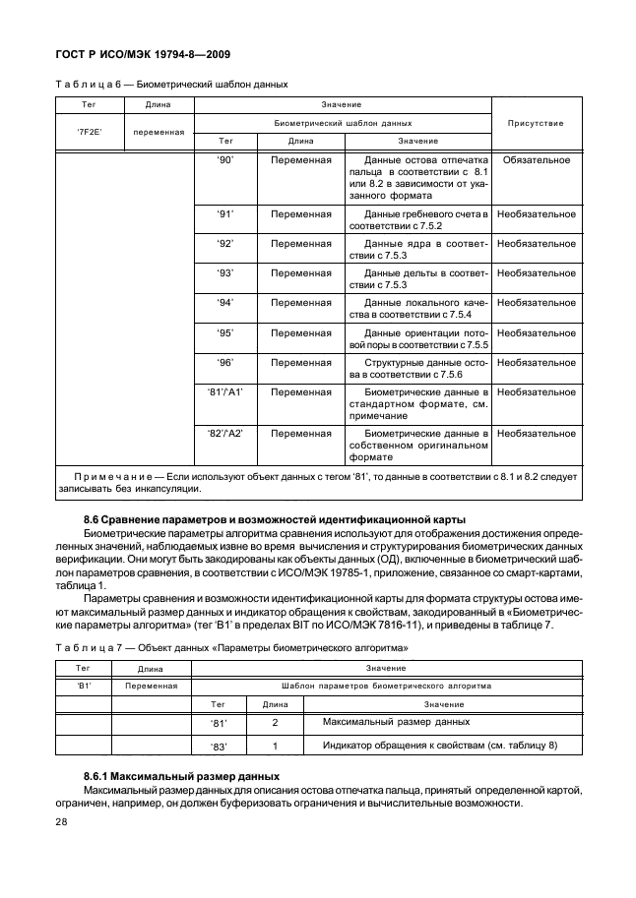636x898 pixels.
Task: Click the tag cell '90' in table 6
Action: pos(224,158)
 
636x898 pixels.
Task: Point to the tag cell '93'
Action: pos(224,272)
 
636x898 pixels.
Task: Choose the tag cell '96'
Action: pos(224,362)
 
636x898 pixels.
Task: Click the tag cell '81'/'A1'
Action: pos(224,391)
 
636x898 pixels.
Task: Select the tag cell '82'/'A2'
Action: pos(224,433)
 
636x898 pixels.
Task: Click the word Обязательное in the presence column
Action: pos(536,158)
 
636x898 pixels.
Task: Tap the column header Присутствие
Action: pos(536,124)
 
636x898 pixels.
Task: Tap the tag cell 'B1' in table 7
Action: pos(85,687)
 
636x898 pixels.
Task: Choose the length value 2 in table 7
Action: pos(275,723)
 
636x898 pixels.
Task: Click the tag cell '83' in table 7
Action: pos(219,747)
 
